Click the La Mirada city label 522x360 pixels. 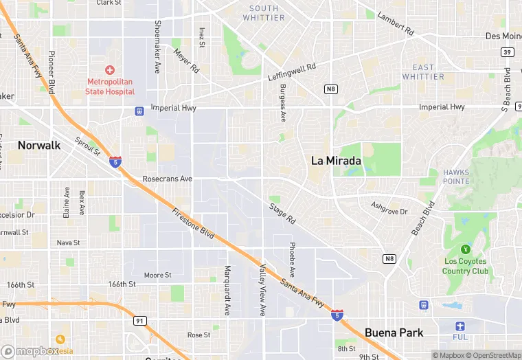[337, 161]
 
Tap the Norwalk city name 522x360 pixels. [39, 146]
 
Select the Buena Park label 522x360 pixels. [394, 333]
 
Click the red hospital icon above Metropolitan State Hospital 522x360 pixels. [110, 70]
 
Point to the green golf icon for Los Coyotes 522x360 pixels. [466, 249]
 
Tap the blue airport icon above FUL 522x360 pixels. [460, 326]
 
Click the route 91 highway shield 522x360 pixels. [141, 320]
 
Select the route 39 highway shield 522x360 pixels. [507, 52]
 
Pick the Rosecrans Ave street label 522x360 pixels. [168, 179]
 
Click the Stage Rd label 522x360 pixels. [282, 214]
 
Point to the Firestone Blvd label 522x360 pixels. [194, 225]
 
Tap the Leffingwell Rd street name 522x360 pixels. [291, 73]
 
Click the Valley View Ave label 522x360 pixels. [262, 289]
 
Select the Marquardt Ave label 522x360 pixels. [227, 291]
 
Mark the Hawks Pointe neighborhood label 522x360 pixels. [456, 177]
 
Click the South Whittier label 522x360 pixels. [264, 13]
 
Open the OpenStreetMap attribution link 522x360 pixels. [489, 355]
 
